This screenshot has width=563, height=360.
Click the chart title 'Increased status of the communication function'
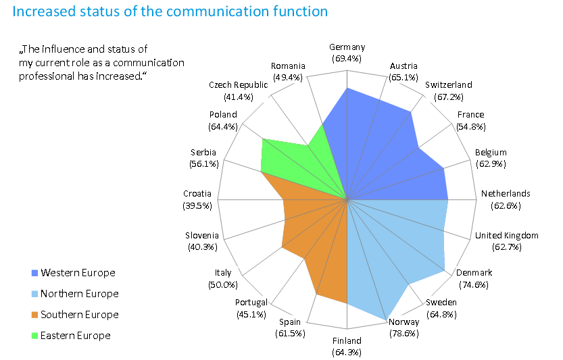[170, 11]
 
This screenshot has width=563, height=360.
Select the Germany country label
[347, 47]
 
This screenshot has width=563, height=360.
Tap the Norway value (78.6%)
[404, 334]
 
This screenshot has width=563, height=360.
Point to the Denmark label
[474, 272]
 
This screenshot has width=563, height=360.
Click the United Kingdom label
[507, 235]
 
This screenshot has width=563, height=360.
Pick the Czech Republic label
[239, 84]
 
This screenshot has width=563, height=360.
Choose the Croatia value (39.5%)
[197, 205]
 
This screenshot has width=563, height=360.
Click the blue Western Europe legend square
[35, 273]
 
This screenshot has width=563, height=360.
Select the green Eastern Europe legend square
[35, 336]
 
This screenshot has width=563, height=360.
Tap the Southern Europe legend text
[79, 315]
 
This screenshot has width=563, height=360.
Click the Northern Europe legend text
[79, 294]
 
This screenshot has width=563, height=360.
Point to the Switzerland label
[449, 84]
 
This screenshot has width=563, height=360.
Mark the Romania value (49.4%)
[288, 77]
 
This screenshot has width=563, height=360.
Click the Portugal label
[251, 302]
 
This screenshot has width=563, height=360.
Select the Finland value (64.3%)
[347, 352]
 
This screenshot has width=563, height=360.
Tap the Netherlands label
[506, 193]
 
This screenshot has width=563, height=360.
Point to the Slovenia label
[202, 235]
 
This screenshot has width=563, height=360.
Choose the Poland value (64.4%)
[223, 126]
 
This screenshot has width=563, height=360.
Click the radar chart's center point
[347, 199]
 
